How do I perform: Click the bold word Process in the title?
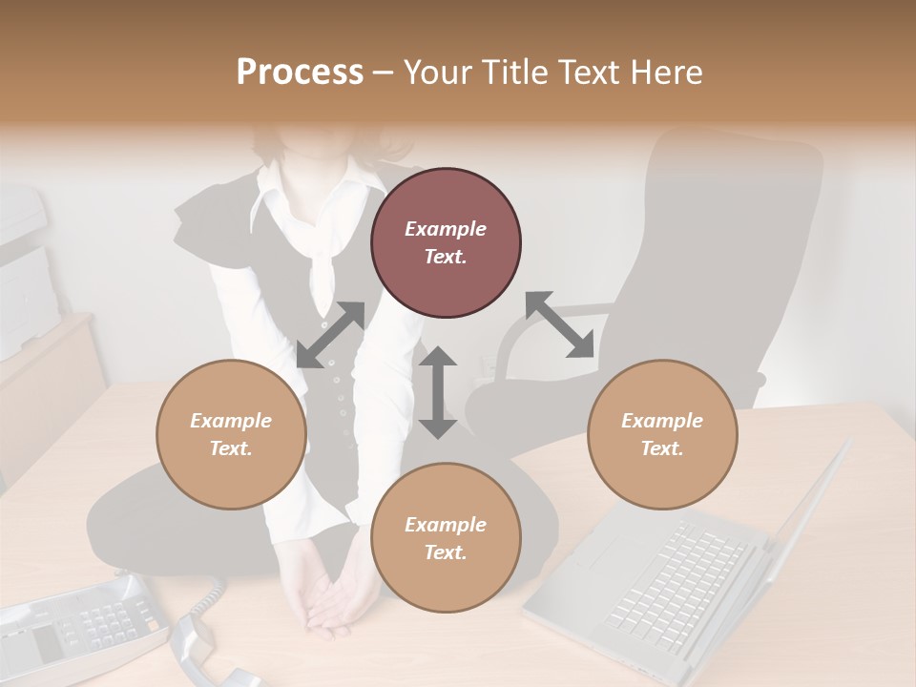click(300, 73)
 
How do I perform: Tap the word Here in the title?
click(666, 73)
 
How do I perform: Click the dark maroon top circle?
click(446, 242)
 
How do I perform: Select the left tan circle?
click(231, 434)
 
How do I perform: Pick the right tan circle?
click(661, 434)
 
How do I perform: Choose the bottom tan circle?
click(446, 538)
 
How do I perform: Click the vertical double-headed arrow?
click(438, 392)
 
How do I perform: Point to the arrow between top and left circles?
click(330, 335)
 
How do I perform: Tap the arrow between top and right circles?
click(560, 324)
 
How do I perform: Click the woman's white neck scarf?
click(319, 248)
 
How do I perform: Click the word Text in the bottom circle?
click(446, 552)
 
